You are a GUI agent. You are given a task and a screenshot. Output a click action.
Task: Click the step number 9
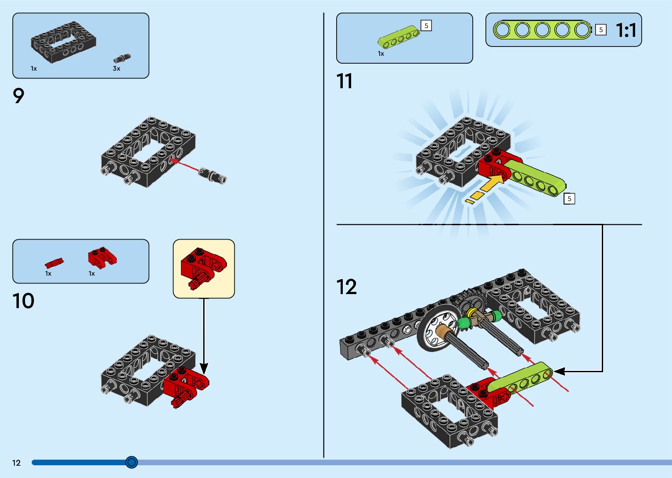click(18, 96)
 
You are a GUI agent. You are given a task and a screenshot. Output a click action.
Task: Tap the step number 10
click(23, 301)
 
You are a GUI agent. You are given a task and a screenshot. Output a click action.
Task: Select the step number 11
click(345, 82)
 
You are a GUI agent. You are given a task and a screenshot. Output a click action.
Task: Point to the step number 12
click(347, 287)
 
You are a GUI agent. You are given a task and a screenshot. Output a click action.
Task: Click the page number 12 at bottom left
click(16, 463)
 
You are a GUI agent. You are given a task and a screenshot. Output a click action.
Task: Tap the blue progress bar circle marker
click(131, 462)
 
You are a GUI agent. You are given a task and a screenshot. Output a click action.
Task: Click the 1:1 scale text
click(626, 30)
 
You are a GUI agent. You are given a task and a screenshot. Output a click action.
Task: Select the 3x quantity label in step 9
click(116, 68)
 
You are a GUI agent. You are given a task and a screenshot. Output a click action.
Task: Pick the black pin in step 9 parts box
click(122, 58)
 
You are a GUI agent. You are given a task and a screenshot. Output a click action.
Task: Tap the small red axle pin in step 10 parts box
click(54, 263)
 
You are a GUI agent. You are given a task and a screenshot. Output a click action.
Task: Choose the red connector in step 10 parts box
click(102, 257)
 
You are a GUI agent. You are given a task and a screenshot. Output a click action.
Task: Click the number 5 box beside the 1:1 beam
click(600, 30)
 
